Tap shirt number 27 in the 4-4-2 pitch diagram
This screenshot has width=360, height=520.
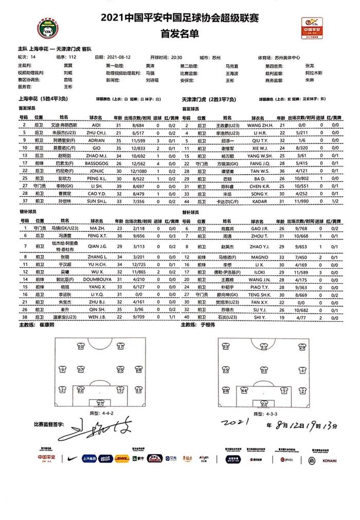click(101, 403)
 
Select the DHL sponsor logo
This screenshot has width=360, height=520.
click(122, 458)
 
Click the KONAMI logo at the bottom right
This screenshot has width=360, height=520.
click(329, 460)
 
